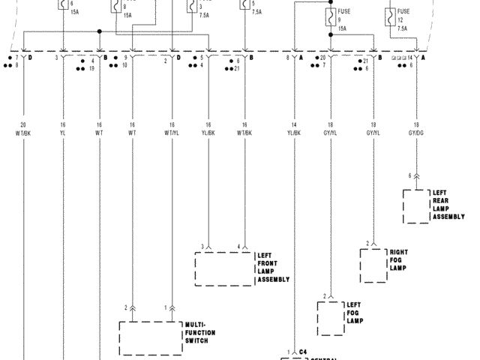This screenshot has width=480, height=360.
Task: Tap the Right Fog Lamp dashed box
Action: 371,265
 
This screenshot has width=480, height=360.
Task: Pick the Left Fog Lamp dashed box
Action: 329,319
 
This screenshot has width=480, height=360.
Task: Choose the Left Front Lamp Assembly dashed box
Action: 224,268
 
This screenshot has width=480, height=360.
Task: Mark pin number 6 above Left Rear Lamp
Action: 409,175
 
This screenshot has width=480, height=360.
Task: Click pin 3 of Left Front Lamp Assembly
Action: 202,246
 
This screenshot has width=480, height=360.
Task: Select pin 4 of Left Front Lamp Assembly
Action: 239,246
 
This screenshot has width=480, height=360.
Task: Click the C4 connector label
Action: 304,351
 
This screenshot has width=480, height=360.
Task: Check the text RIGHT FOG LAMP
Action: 398,259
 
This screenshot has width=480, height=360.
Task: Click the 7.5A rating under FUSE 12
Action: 403,28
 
